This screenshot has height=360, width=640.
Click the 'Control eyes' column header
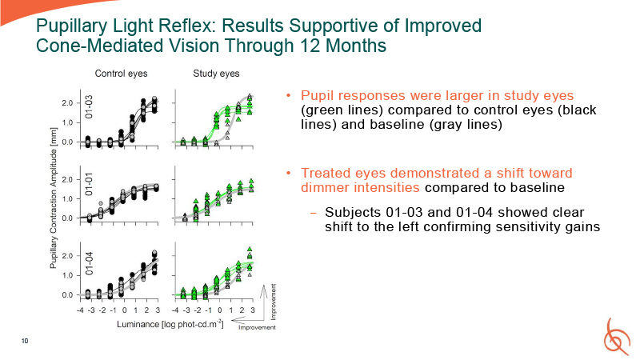click(121, 74)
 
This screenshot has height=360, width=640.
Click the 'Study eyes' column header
click(216, 74)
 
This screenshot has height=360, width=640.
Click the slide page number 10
click(25, 342)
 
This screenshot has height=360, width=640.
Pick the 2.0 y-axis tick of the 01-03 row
click(69, 103)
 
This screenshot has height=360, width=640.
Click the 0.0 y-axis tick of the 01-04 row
click(69, 295)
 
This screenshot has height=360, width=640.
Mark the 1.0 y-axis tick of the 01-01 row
click(69, 198)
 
